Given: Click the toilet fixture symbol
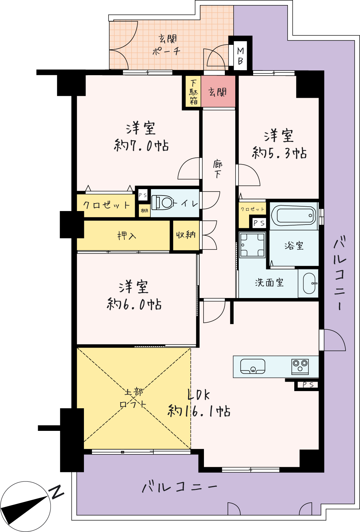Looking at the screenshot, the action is (x=162, y=203).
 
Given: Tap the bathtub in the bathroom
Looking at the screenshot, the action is (x=294, y=216).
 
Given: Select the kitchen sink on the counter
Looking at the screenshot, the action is (x=253, y=366).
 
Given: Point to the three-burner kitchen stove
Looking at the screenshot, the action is (x=300, y=367).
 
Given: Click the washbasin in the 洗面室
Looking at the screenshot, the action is (x=309, y=283).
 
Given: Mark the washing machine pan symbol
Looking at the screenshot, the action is (x=252, y=245).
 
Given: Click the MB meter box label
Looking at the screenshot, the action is (x=240, y=56).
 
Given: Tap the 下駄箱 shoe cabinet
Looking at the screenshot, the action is (x=193, y=91).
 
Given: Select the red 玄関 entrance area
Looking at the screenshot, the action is (x=218, y=91).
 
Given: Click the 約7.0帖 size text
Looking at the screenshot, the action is (x=142, y=146).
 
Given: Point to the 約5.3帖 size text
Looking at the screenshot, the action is (x=279, y=153).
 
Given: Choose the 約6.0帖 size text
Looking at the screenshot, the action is (x=134, y=304).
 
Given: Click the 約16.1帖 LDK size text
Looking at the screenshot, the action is (x=199, y=411).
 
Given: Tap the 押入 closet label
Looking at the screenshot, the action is (x=127, y=236).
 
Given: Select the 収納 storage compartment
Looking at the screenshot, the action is (x=186, y=235).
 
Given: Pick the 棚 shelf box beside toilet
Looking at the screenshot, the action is (x=144, y=211).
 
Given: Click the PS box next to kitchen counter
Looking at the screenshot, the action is (x=307, y=385).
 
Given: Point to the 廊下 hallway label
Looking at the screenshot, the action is (x=217, y=170).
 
